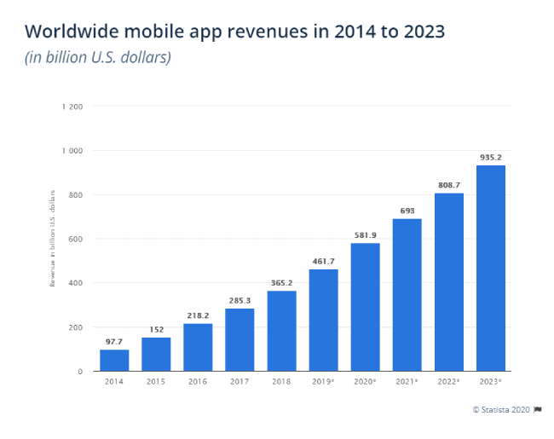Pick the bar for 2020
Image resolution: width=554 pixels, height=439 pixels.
point(365,306)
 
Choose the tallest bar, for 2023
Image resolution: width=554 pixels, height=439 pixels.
point(490,268)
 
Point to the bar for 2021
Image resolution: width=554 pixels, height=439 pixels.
point(407,294)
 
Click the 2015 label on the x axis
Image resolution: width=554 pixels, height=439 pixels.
point(156,381)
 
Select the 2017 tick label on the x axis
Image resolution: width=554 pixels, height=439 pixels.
point(239,381)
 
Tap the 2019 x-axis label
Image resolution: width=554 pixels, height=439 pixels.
point(324,381)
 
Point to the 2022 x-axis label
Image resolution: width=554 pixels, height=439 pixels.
point(449,381)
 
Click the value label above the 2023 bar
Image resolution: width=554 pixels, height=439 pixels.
point(490,158)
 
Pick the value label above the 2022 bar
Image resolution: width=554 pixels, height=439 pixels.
point(449,185)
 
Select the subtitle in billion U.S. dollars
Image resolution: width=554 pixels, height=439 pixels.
point(98,59)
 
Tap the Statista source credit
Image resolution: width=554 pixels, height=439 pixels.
point(505,410)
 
